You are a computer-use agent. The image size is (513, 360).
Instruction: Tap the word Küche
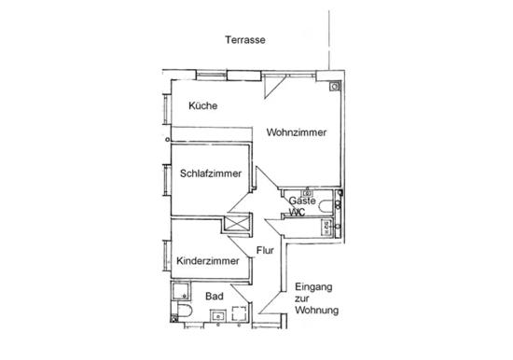(x=202, y=106)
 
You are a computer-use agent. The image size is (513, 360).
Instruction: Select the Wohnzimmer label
(x=296, y=132)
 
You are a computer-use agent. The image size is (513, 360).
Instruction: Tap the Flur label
(x=265, y=250)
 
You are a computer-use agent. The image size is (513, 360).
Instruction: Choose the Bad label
(x=215, y=296)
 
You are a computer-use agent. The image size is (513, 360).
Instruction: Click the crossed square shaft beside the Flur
(x=235, y=225)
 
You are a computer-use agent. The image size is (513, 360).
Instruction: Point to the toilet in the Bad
(x=183, y=310)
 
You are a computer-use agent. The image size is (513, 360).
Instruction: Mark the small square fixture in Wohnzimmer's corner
(x=335, y=86)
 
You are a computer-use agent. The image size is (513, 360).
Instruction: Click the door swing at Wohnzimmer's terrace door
(x=273, y=86)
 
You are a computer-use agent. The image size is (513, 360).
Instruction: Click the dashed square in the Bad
(x=241, y=313)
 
